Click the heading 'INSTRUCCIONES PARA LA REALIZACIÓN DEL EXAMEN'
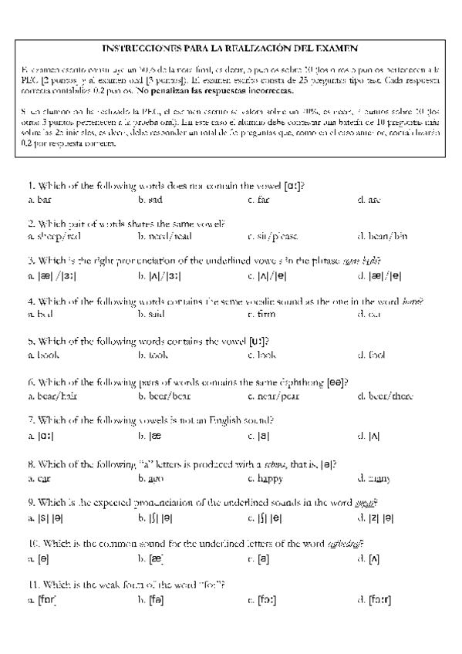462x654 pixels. click(231, 47)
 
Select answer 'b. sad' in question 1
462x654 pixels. click(150, 200)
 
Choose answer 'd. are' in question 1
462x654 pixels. click(369, 200)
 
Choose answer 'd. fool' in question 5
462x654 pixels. click(371, 356)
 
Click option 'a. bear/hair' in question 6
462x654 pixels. click(51, 396)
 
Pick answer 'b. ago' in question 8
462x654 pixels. click(150, 478)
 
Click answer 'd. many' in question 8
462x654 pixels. click(373, 478)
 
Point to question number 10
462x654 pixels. click(32, 542)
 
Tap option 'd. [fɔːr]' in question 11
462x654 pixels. click(375, 598)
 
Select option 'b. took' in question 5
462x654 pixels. click(153, 356)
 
